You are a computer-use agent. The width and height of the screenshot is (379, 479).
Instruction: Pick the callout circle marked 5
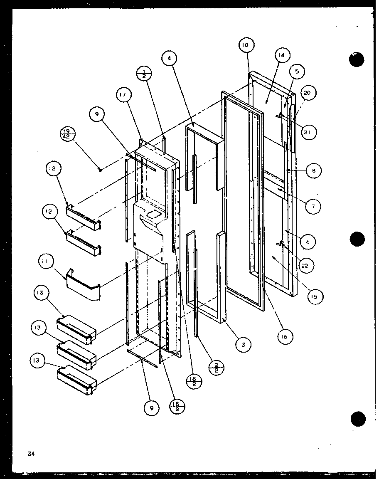pyautogui.click(x=297, y=72)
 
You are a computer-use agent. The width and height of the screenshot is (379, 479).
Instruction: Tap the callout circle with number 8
pyautogui.click(x=314, y=170)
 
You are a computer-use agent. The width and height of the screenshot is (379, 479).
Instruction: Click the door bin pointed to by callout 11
pyautogui.click(x=84, y=287)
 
